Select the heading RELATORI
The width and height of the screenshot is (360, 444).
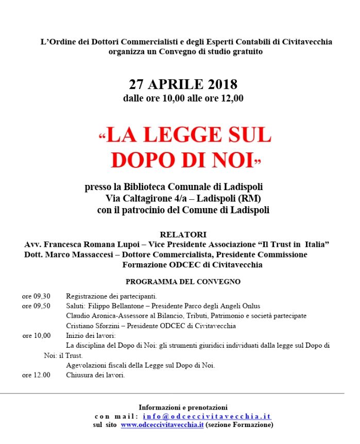pos(183,234)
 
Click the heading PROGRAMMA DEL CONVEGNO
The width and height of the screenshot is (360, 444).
pos(183,282)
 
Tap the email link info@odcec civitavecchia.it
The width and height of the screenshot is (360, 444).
pos(207,416)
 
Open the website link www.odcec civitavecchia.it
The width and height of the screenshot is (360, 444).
pos(162,425)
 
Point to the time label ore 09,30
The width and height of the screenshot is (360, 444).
pos(36,296)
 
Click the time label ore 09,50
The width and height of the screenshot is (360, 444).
pos(36,306)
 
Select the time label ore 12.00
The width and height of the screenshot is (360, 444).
pos(36,375)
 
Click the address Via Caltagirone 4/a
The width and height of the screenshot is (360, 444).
pos(147,198)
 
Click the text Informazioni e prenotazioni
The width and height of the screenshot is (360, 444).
pos(183,407)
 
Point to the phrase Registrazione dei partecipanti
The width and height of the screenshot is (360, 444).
pos(111,296)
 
